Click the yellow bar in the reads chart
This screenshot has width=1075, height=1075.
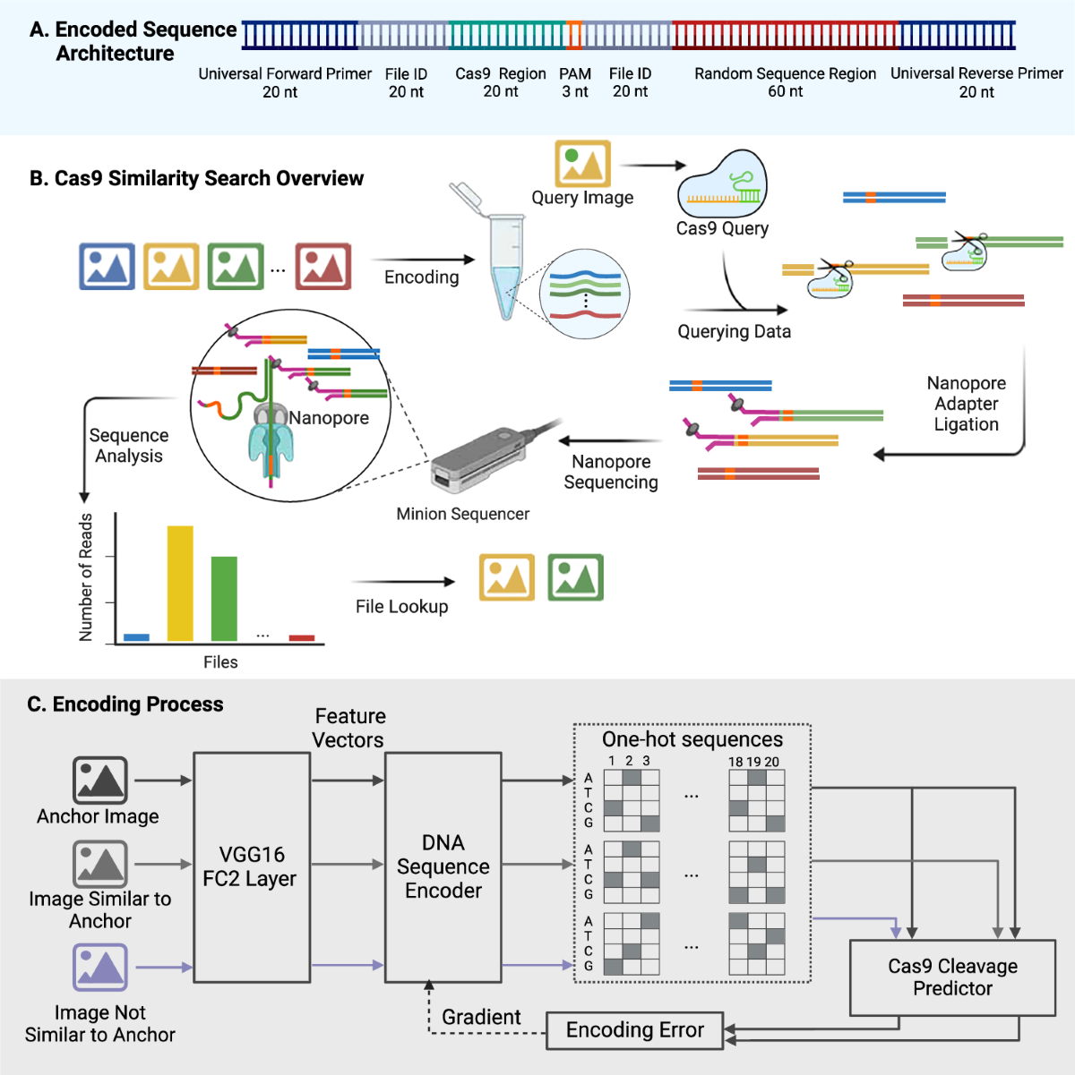click(x=180, y=583)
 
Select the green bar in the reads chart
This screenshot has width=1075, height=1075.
click(x=224, y=598)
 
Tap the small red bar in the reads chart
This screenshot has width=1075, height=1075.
click(x=302, y=638)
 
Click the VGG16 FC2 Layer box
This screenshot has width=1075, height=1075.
click(x=252, y=866)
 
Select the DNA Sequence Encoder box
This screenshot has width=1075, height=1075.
click(x=443, y=866)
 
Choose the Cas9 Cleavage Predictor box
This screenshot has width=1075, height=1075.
click(x=952, y=977)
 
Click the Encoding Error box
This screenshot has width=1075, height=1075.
click(x=634, y=1030)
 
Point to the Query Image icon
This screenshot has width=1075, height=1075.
click(x=582, y=164)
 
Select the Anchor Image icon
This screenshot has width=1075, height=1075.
click(x=99, y=780)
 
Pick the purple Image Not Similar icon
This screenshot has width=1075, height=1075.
click(x=99, y=968)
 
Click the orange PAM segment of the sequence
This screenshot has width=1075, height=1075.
click(x=574, y=35)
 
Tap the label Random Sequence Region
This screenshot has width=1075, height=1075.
click(x=785, y=74)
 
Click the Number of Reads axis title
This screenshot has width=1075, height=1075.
click(x=86, y=577)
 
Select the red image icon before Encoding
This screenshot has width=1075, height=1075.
click(x=323, y=266)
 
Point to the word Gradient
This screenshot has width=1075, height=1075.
click(x=481, y=1017)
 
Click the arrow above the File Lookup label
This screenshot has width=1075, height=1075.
click(x=403, y=582)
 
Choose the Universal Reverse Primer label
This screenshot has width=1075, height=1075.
click(x=976, y=73)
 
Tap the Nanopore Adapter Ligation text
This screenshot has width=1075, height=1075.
click(x=966, y=404)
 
